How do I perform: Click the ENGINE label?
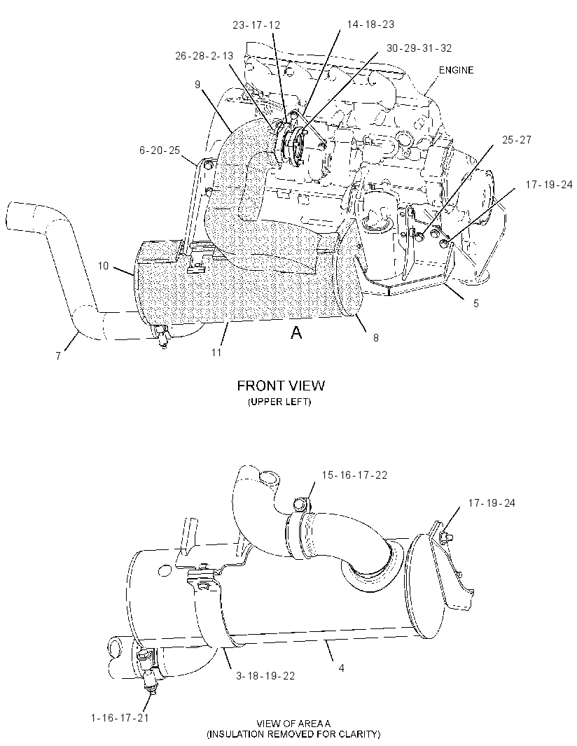[456, 70]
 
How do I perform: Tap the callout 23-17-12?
[256, 25]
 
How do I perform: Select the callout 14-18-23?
[370, 24]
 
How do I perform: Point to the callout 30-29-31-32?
[419, 48]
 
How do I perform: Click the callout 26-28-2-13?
[204, 56]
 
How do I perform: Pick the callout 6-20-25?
[160, 150]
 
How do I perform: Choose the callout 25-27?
[517, 140]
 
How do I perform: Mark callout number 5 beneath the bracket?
[476, 304]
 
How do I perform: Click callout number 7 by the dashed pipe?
[58, 356]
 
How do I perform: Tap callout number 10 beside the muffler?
[104, 265]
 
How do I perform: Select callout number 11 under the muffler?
[216, 353]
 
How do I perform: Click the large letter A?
[296, 332]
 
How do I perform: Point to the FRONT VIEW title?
[281, 386]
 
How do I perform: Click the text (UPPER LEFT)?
[279, 402]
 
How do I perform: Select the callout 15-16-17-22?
[354, 474]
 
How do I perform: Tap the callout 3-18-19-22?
[265, 675]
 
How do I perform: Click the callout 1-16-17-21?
[120, 717]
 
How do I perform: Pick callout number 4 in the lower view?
[341, 668]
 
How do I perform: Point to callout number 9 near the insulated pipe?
[197, 85]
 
